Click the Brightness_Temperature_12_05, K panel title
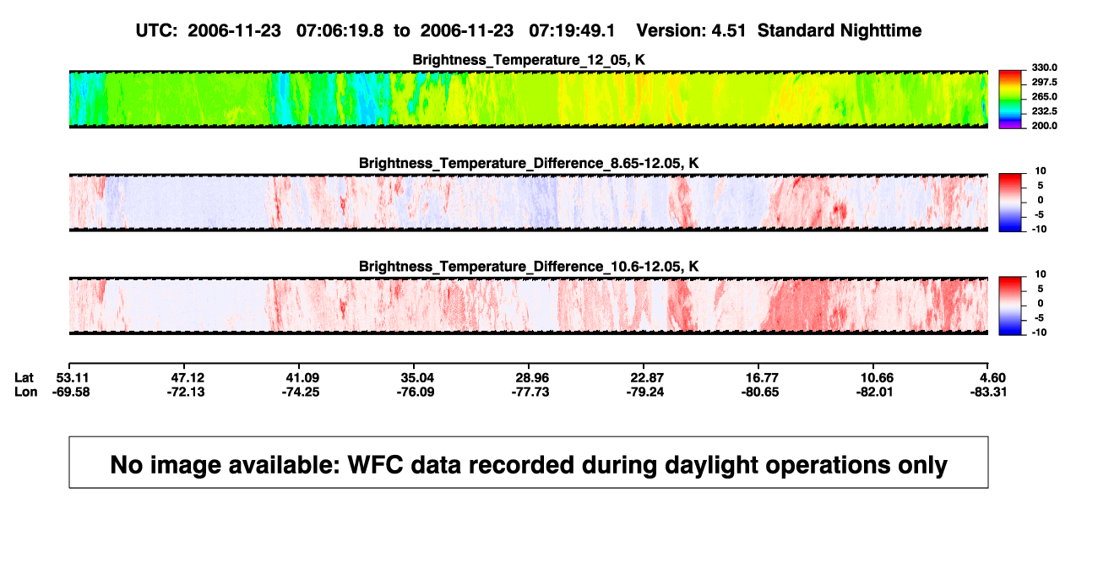tap(529, 60)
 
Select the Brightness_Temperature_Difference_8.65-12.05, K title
tap(529, 163)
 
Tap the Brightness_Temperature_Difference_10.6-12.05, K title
tap(529, 267)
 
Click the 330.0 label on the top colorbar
tap(1044, 68)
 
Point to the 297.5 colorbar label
tap(1044, 82)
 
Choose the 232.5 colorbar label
tap(1044, 111)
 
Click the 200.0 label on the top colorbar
tap(1044, 126)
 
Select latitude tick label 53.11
tap(72, 378)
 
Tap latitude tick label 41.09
tap(302, 378)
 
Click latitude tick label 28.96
tap(532, 378)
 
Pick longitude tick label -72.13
tap(185, 392)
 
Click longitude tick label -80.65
tap(760, 392)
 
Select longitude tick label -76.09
tap(416, 392)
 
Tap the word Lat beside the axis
tap(24, 378)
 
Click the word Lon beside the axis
tap(25, 392)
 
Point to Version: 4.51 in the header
tap(691, 30)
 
